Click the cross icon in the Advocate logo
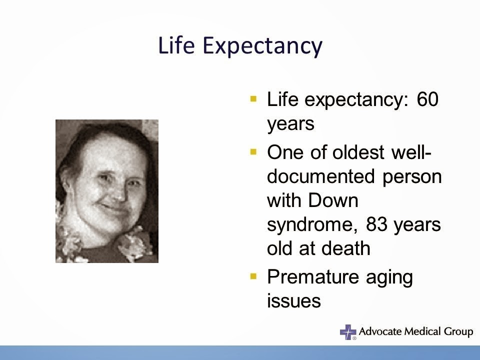click(x=348, y=331)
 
